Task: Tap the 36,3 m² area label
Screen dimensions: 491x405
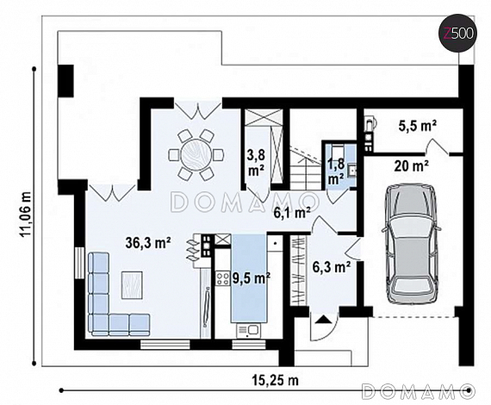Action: [x=148, y=243]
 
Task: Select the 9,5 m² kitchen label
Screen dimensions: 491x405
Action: [x=252, y=277]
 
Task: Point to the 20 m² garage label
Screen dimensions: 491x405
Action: [x=412, y=165]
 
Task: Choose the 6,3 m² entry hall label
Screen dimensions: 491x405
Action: [x=332, y=267]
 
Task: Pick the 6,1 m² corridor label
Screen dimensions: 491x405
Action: [x=292, y=213]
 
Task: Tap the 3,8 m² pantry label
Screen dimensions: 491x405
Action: [x=257, y=162]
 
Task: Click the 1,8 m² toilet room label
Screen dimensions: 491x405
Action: [x=336, y=172]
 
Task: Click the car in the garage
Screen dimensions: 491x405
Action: [x=411, y=243]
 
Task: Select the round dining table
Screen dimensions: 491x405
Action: [x=196, y=154]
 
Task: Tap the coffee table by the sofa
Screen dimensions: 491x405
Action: [x=132, y=285]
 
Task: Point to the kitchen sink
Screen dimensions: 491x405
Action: [x=249, y=330]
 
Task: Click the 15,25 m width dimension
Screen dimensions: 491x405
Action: [x=276, y=380]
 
